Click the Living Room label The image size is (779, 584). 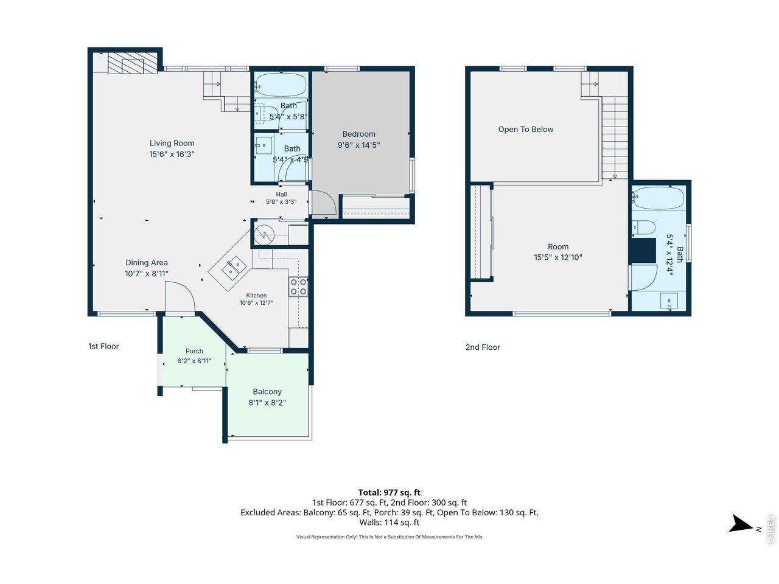[x=172, y=143]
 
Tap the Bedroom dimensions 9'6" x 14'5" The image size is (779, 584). [x=358, y=145]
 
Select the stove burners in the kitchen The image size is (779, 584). [x=298, y=287]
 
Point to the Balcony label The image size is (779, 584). [x=267, y=391]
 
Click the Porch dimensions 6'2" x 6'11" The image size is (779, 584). [x=194, y=361]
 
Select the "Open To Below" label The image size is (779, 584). [x=526, y=130]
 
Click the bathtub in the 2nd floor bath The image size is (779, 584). [x=658, y=198]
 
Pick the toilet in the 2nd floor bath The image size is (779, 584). [x=644, y=228]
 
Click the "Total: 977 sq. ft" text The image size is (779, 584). [x=389, y=493]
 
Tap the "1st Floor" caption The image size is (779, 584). [x=103, y=346]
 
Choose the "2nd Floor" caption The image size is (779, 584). [x=483, y=347]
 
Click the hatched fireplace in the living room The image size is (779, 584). [x=133, y=63]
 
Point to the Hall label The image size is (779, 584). [x=281, y=194]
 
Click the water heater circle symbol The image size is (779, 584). [x=264, y=235]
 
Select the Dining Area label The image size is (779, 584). [x=147, y=263]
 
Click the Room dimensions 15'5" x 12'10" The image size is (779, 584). [x=558, y=257]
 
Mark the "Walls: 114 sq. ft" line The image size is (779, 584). [x=389, y=523]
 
